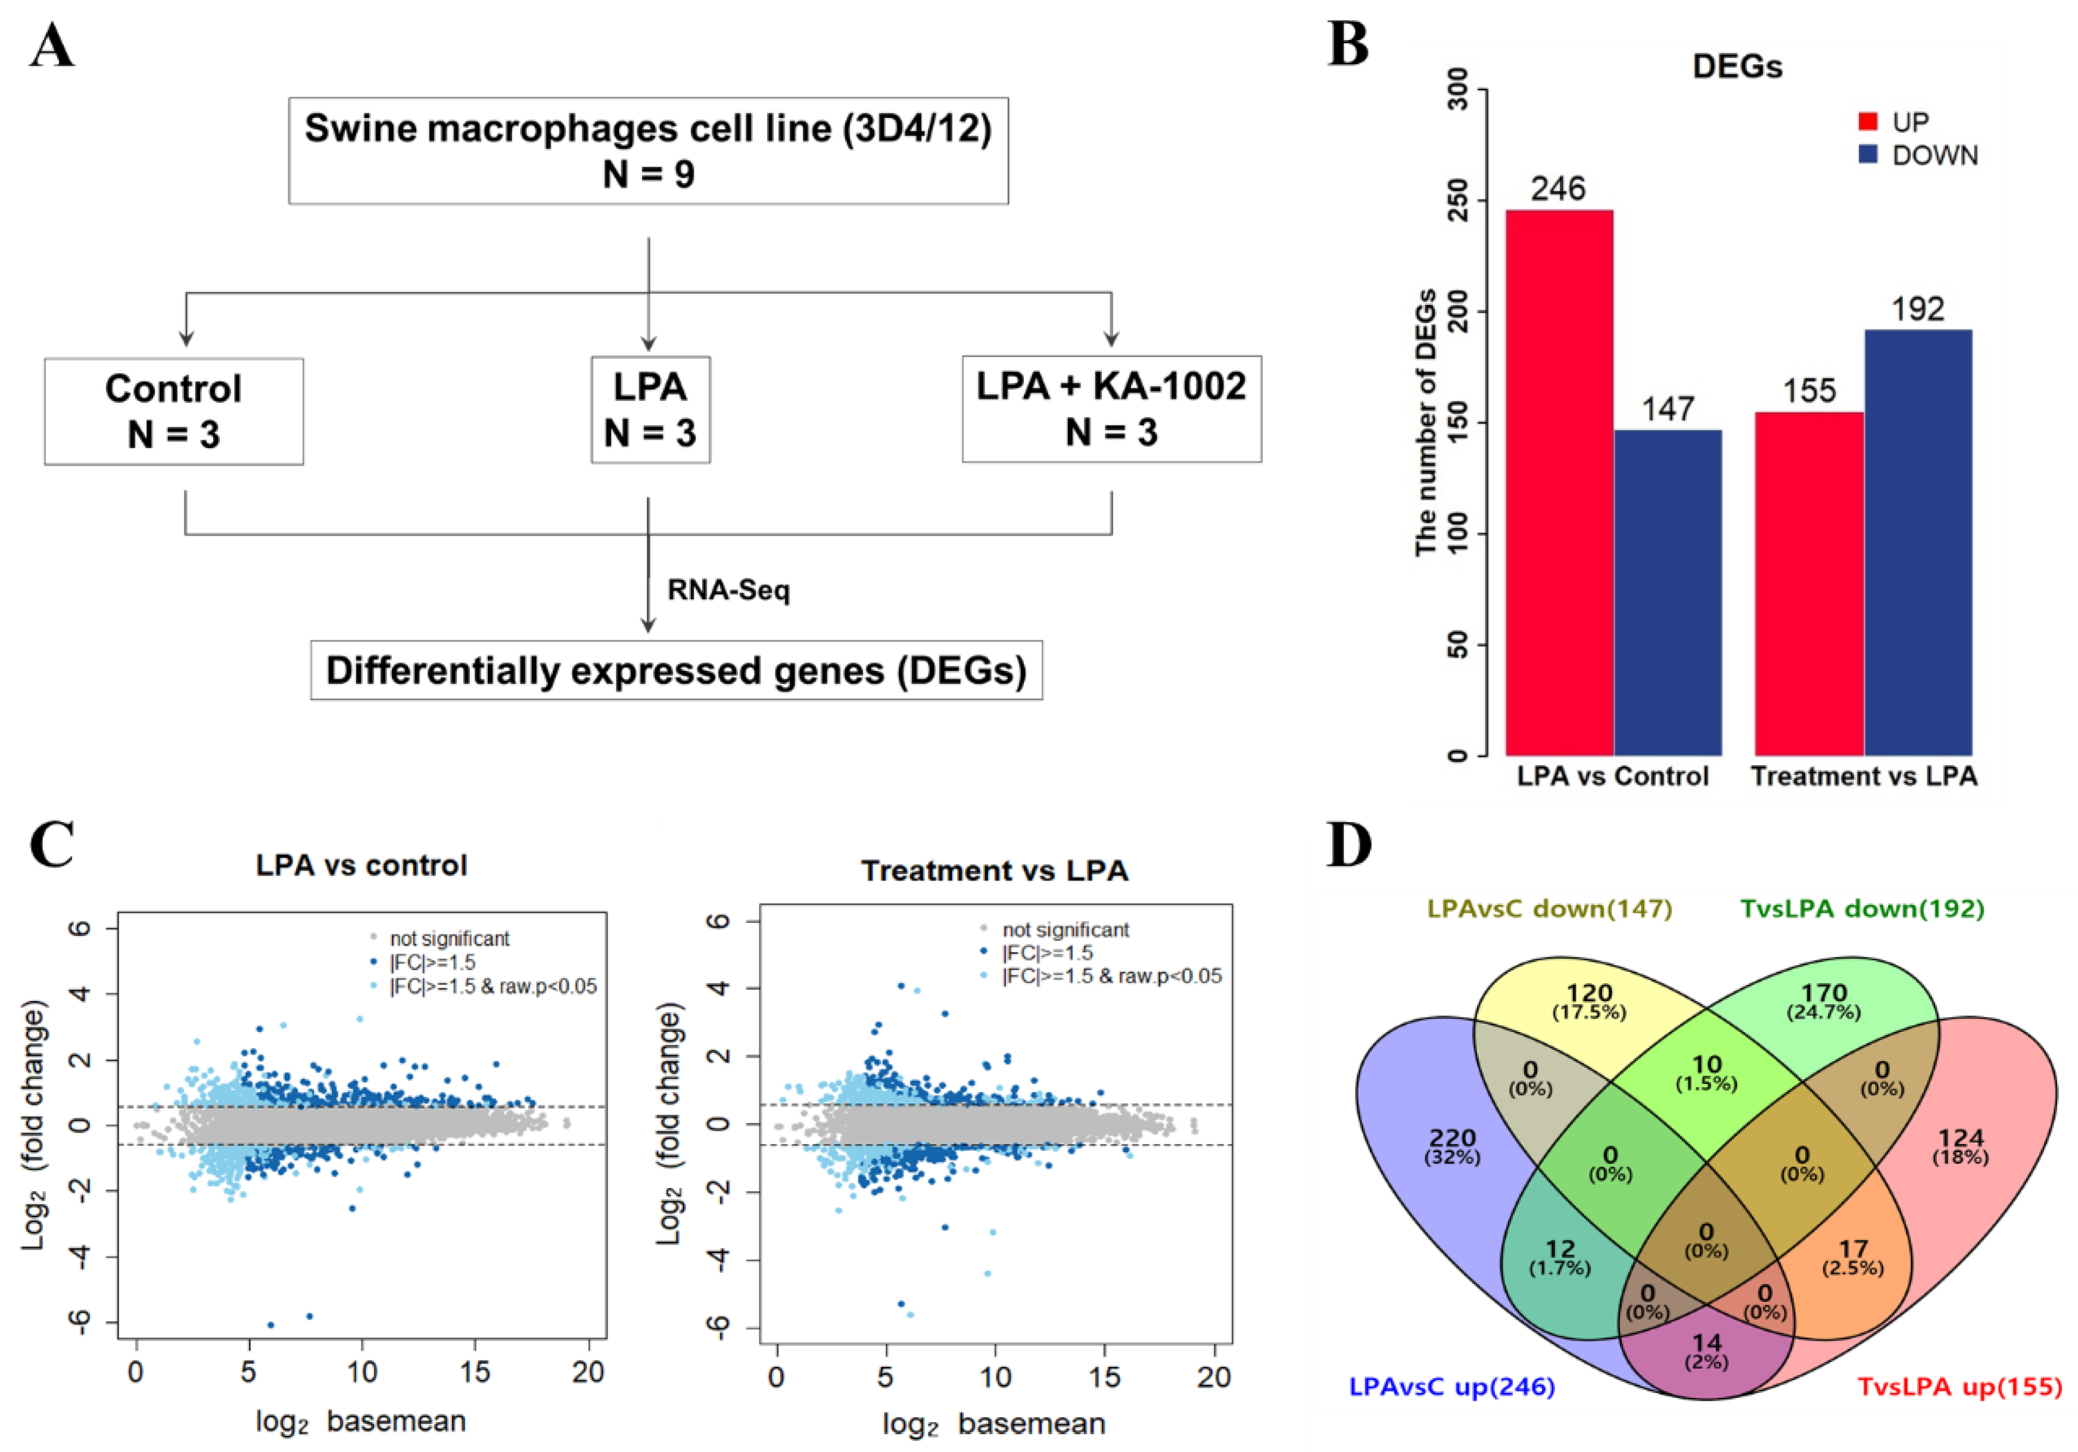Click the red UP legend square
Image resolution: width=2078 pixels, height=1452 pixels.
point(1867,122)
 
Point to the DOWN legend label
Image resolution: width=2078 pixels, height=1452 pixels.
point(1935,156)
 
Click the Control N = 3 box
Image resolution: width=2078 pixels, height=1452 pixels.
point(174,411)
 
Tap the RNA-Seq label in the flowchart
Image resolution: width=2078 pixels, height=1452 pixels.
point(728,590)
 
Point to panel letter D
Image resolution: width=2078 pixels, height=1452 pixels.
point(1348,845)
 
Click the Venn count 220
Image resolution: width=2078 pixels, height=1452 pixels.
point(1453,1138)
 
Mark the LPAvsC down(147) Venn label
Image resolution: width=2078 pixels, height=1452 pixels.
point(1550,908)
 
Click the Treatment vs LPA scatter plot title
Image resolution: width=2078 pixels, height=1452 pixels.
point(995,871)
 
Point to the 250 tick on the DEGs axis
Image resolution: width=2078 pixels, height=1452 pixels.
point(1458,201)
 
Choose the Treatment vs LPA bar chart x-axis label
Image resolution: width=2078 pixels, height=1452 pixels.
point(1864,777)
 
